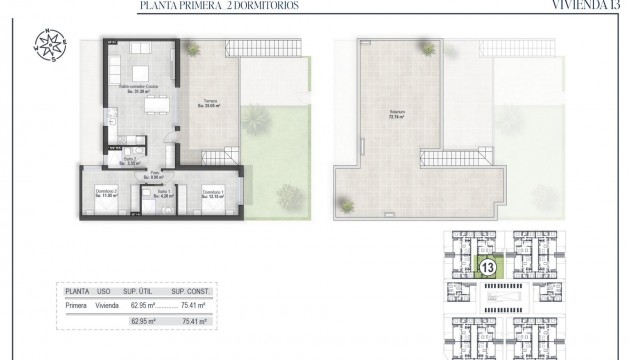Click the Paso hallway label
(x=156, y=173)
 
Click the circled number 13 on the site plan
(x=489, y=268)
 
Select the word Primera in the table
(x=76, y=307)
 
